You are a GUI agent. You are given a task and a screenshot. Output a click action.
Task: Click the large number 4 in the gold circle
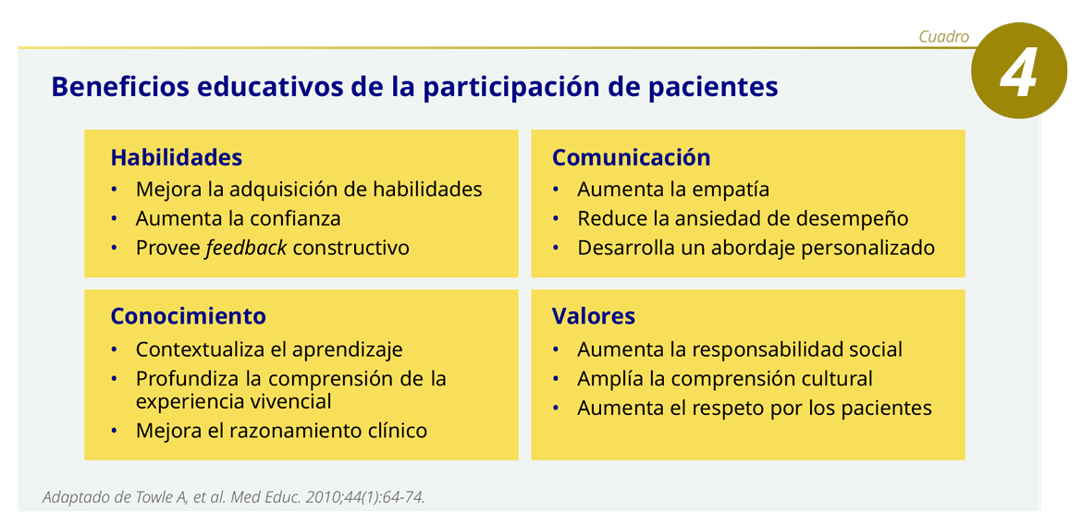(1017, 72)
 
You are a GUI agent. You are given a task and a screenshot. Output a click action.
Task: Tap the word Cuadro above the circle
(943, 37)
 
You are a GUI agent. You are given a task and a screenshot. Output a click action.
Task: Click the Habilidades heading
(177, 157)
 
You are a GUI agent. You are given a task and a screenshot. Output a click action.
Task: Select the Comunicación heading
(632, 157)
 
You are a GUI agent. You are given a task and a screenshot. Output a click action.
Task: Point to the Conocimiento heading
(189, 316)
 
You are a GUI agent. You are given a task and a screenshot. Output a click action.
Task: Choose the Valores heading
(594, 316)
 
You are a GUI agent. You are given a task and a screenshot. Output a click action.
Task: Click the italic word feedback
(246, 247)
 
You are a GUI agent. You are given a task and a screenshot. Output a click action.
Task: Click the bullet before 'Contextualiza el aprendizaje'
(115, 349)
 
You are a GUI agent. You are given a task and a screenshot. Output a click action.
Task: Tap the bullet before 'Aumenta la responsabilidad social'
(556, 349)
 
